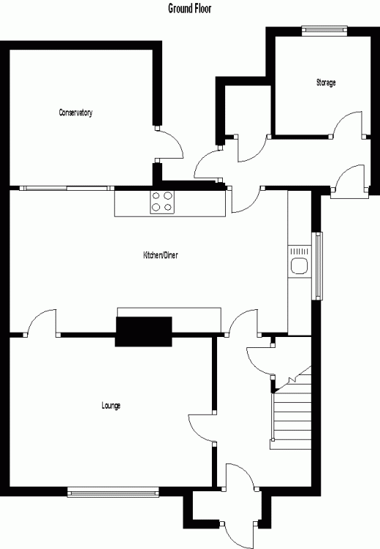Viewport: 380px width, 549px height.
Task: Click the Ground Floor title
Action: pyautogui.click(x=190, y=8)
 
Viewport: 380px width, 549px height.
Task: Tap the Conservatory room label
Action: pyautogui.click(x=75, y=113)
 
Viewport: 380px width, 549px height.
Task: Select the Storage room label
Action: pyautogui.click(x=326, y=83)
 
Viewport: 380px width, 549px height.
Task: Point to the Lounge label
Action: pyautogui.click(x=111, y=406)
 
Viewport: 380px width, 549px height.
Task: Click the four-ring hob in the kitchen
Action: pyautogui.click(x=162, y=202)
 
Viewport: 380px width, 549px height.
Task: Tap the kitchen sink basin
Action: pyautogui.click(x=300, y=265)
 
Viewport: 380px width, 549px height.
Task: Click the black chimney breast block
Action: pyautogui.click(x=143, y=332)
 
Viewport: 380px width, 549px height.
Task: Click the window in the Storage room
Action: pyautogui.click(x=324, y=31)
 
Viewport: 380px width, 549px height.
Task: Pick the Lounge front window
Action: pyautogui.click(x=113, y=492)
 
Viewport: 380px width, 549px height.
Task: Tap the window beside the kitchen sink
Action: pyautogui.click(x=317, y=266)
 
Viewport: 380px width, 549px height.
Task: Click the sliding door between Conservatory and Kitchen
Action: pyautogui.click(x=66, y=189)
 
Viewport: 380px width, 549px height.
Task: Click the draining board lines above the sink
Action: pyautogui.click(x=300, y=251)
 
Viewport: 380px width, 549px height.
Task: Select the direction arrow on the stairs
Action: pyautogui.click(x=292, y=380)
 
